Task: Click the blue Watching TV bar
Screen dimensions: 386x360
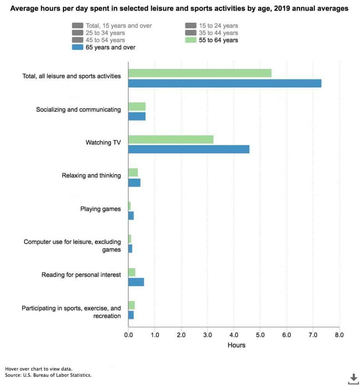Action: (189, 149)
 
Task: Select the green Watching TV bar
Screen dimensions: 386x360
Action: (171, 139)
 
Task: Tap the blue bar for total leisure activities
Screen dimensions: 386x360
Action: (224, 83)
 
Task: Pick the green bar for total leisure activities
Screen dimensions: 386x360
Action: (199, 73)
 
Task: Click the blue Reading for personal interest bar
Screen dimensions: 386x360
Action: (136, 282)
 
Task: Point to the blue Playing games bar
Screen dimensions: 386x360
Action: (131, 216)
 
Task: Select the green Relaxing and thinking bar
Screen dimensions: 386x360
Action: (133, 172)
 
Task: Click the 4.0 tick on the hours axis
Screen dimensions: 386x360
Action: (234, 335)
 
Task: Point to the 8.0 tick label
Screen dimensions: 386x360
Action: (339, 335)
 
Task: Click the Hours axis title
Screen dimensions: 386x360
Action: (236, 345)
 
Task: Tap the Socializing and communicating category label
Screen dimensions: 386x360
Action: (78, 110)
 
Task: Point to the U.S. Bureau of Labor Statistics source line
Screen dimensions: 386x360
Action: (49, 375)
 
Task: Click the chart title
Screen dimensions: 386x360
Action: (180, 8)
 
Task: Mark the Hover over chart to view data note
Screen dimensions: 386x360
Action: (39, 368)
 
